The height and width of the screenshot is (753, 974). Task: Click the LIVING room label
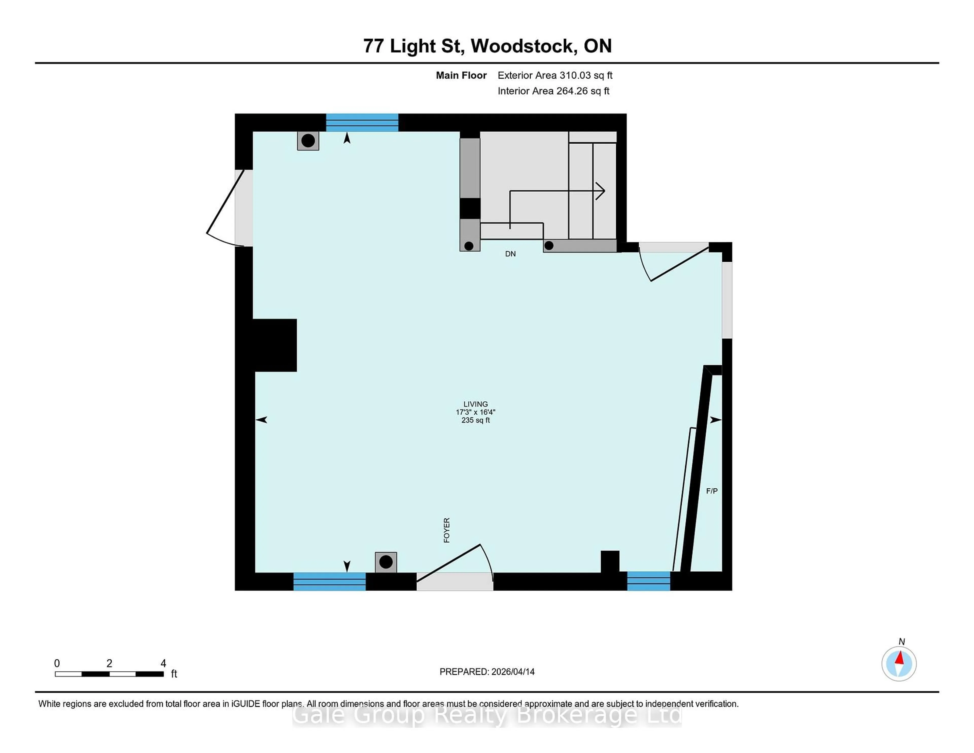point(475,404)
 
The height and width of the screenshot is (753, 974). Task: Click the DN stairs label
point(510,254)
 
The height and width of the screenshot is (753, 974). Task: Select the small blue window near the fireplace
point(648,581)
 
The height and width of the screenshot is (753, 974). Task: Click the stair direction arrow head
point(601,191)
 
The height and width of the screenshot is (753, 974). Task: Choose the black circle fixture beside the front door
point(386,562)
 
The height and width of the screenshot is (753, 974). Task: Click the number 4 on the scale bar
point(163,663)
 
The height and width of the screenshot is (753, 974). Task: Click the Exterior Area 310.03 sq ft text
point(555,75)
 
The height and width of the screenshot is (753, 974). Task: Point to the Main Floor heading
point(461,75)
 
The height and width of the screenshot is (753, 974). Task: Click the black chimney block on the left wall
point(274,345)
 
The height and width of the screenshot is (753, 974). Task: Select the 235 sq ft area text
point(475,420)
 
